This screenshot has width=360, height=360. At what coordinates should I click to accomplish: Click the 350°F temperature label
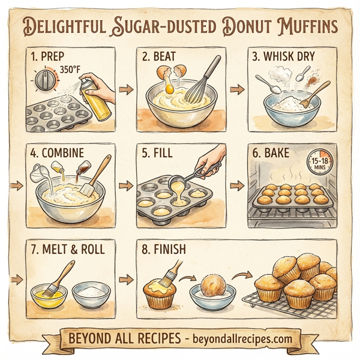[70, 70]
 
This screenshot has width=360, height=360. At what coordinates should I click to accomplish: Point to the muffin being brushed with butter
[158, 294]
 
